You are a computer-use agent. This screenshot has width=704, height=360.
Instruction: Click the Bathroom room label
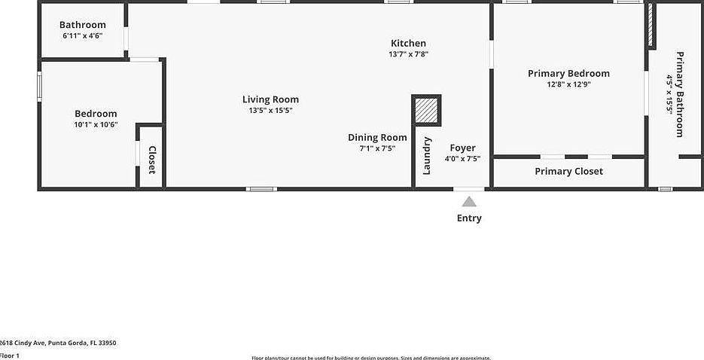tap(83, 25)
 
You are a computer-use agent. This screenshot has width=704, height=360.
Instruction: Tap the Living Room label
tap(270, 99)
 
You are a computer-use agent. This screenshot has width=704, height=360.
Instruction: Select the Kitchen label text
tap(408, 44)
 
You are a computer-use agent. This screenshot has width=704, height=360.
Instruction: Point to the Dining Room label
tap(377, 137)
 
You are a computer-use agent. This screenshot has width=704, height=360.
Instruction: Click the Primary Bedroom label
tap(568, 73)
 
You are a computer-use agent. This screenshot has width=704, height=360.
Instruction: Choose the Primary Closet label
tap(568, 171)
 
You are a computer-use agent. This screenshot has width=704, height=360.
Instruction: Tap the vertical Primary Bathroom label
tap(679, 94)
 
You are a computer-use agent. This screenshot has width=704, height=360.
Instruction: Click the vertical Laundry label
tap(426, 155)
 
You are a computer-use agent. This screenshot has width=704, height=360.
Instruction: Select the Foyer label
tap(462, 148)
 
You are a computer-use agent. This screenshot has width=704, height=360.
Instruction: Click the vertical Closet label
tap(151, 160)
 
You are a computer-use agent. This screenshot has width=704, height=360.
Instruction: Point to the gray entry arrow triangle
tap(469, 202)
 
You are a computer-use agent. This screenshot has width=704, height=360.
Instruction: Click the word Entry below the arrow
tap(469, 218)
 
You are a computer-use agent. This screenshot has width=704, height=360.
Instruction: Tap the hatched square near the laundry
tap(427, 111)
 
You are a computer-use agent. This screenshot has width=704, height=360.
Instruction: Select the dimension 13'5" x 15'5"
tap(270, 110)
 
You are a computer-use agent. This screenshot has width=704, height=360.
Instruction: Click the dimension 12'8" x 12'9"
tap(568, 84)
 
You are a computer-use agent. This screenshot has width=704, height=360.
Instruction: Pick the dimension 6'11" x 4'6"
tap(83, 35)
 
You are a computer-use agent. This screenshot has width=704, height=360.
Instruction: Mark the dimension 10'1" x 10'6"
tap(96, 124)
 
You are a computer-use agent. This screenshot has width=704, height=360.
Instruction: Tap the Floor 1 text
tap(10, 355)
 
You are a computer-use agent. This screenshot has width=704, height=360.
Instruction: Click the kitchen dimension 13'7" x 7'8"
tap(408, 54)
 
